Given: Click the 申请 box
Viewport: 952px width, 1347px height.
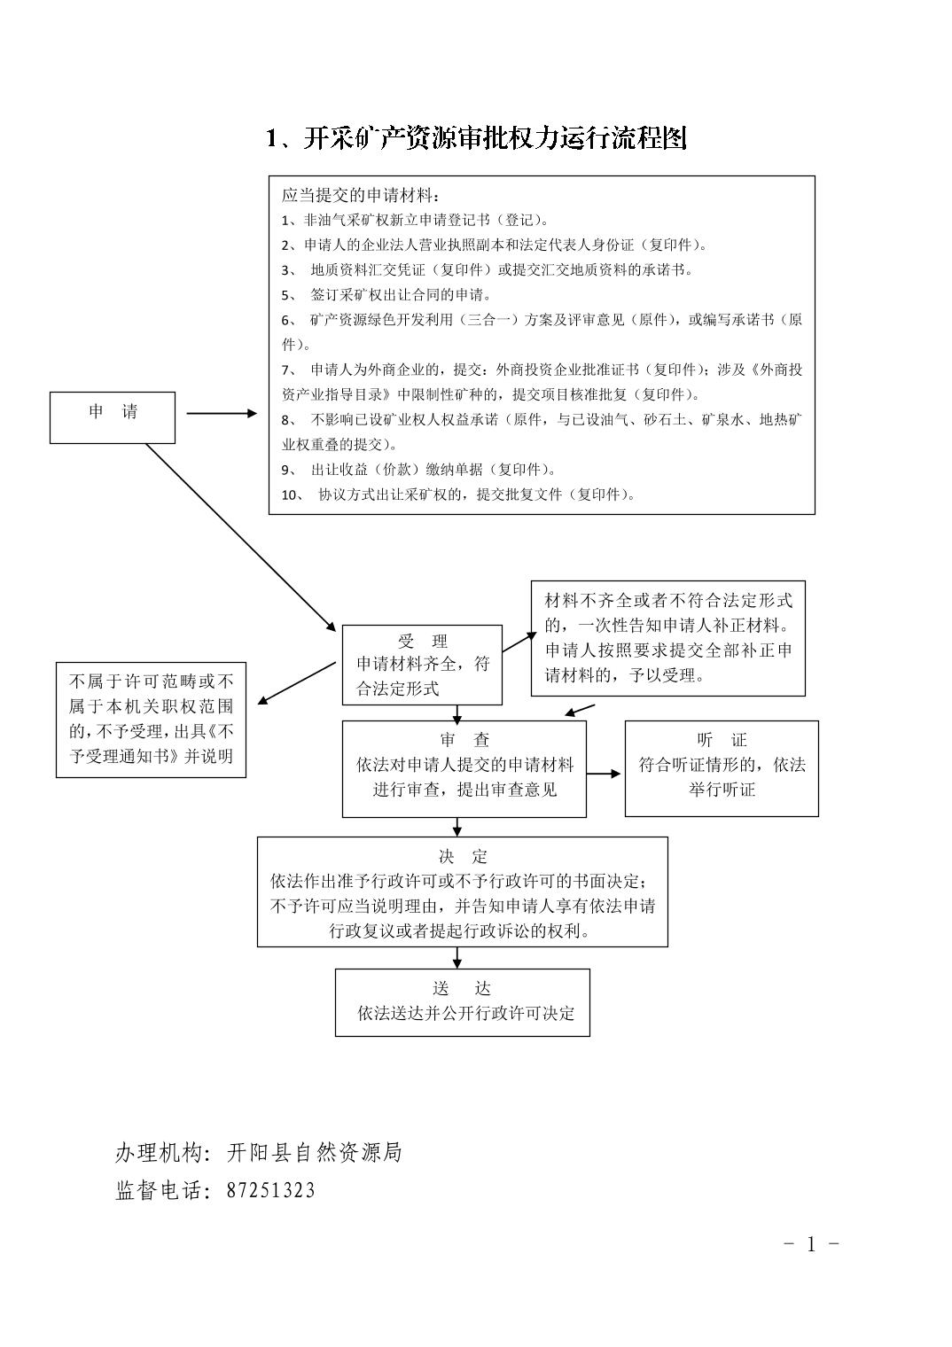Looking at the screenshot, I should pos(113,417).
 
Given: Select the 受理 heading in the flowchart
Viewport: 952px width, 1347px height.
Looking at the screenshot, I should pos(423,642).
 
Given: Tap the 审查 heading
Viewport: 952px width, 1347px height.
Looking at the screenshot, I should pos(464,740).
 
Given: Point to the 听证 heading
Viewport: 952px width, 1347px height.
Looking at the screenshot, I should pos(722,740).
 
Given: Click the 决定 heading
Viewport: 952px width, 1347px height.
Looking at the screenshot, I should pos(463,857).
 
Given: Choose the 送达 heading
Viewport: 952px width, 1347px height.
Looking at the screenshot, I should pos(462,989).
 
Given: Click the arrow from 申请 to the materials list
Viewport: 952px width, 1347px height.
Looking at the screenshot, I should pos(221,413).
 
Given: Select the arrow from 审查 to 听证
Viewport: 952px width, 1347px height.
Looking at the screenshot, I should pos(605,774).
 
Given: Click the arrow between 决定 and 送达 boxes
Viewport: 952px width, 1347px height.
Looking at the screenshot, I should pos(457,957).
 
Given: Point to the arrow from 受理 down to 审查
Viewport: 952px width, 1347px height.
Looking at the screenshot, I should pos(457,712).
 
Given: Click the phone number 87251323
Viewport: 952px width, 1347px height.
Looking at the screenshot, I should pos(270,1190).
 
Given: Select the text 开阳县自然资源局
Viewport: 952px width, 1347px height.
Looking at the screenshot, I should pos(314,1152).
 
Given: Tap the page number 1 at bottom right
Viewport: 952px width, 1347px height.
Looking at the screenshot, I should pos(810,1244).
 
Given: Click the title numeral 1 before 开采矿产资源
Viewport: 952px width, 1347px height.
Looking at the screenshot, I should pos(273,138).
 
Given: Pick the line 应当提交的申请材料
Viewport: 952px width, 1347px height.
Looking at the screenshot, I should pos(360,195).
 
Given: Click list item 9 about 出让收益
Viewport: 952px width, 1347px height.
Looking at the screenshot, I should pos(418,470).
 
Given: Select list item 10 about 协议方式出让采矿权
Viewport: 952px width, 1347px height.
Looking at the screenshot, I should pos(458,494).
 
